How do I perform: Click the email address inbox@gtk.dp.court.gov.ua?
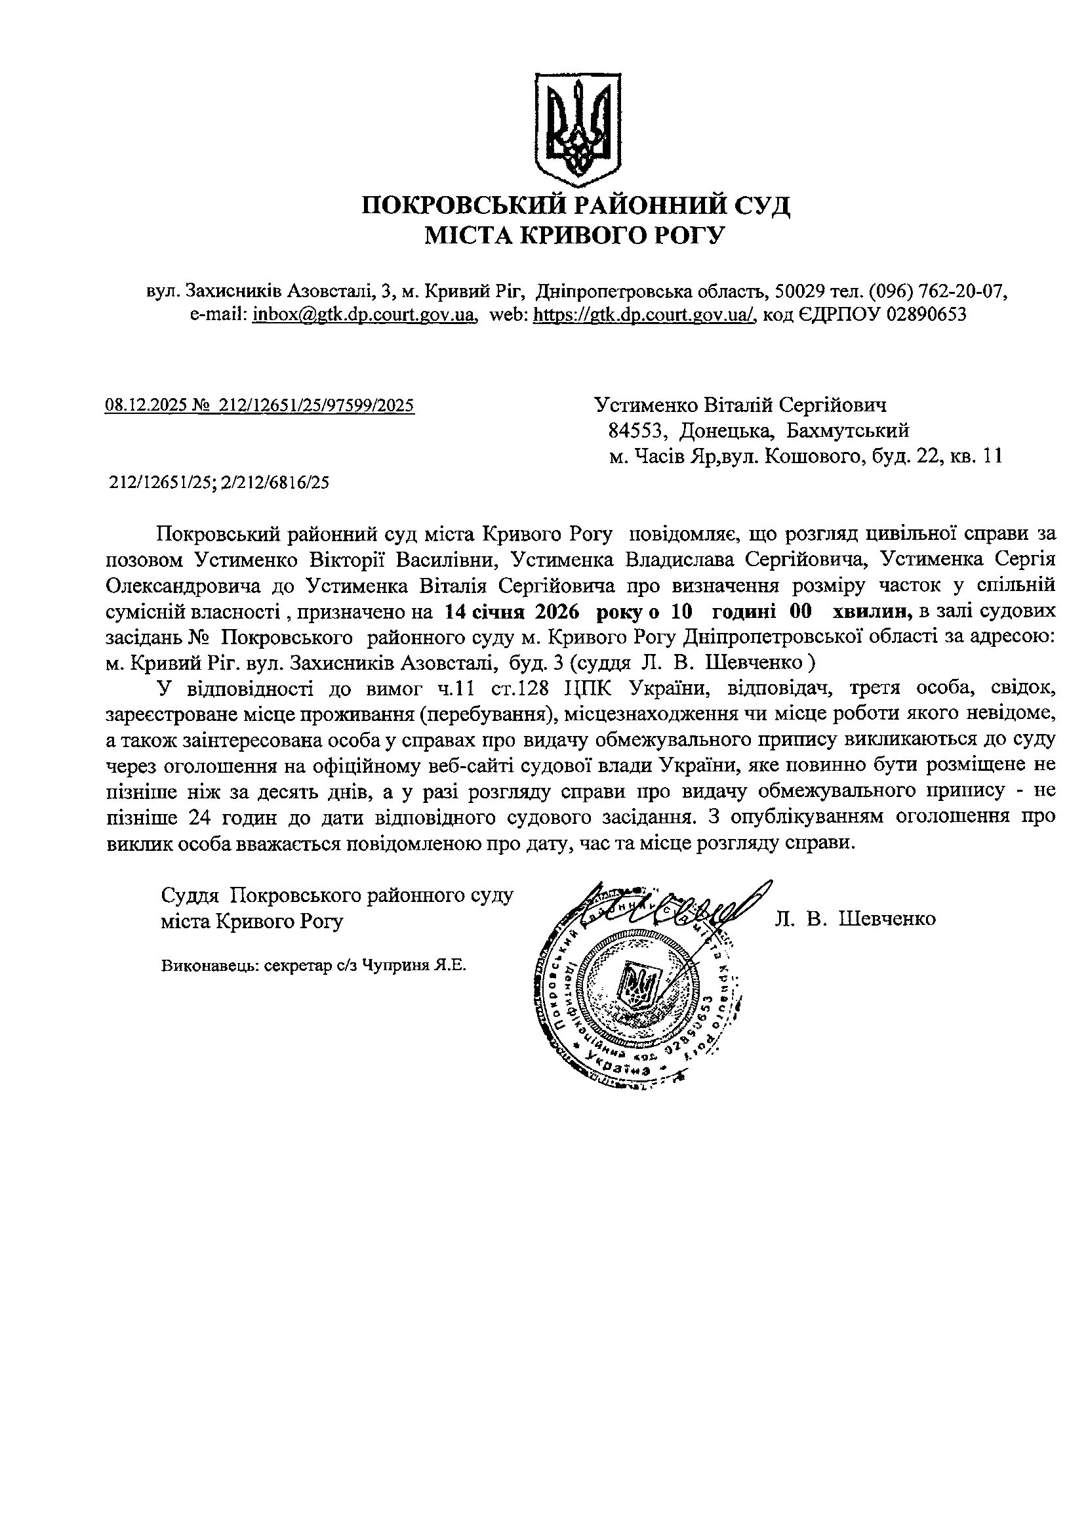tap(364, 314)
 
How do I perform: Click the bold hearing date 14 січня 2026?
tap(512, 611)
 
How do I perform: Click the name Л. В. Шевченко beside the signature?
tap(855, 919)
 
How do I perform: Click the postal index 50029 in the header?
tap(792, 292)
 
